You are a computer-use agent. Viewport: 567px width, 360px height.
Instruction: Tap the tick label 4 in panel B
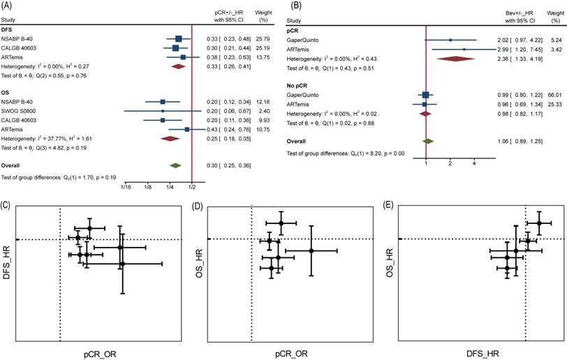(x=474, y=162)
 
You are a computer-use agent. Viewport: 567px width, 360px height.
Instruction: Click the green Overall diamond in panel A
(x=176, y=165)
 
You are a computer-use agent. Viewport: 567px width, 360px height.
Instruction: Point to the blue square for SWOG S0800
(x=163, y=111)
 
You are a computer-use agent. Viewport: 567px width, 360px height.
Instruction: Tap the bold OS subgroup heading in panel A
(x=9, y=92)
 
